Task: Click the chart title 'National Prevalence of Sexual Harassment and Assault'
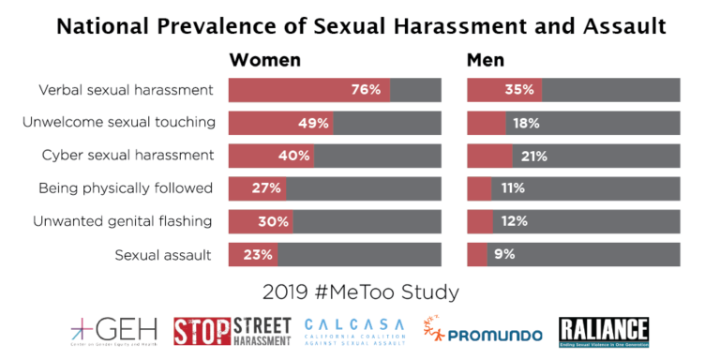(x=360, y=24)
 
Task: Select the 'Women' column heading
(x=265, y=60)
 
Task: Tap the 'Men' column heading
(x=486, y=60)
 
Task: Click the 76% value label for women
(x=366, y=91)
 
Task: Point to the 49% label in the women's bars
(x=314, y=123)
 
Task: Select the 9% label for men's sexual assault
(x=504, y=254)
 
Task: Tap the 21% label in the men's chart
(x=533, y=156)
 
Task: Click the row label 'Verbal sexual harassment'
(x=125, y=91)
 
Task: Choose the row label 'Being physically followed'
(x=126, y=188)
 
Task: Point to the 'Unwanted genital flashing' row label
(x=123, y=221)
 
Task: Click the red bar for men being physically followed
(x=479, y=188)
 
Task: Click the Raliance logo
(x=604, y=331)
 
